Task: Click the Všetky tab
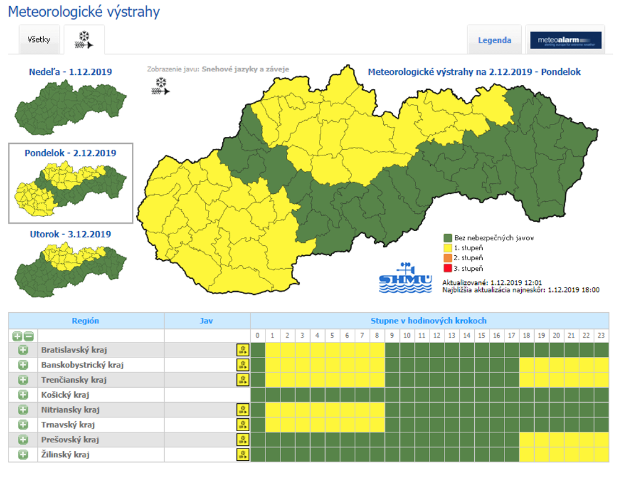[x=39, y=40]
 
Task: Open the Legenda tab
[x=495, y=40]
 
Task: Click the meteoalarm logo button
[x=566, y=40]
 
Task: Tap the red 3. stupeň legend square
[x=448, y=268]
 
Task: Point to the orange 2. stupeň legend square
[x=448, y=258]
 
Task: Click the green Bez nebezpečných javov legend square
[x=448, y=237]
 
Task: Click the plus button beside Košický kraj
[x=23, y=395]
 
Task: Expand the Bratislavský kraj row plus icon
[x=23, y=350]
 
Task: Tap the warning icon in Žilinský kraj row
[x=243, y=455]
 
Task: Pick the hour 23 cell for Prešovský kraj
[x=602, y=440]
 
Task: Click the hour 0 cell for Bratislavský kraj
[x=258, y=350]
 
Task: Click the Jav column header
[x=207, y=321]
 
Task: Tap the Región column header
[x=85, y=321]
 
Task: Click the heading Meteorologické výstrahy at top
[x=84, y=12]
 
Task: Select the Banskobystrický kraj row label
[x=82, y=365]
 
